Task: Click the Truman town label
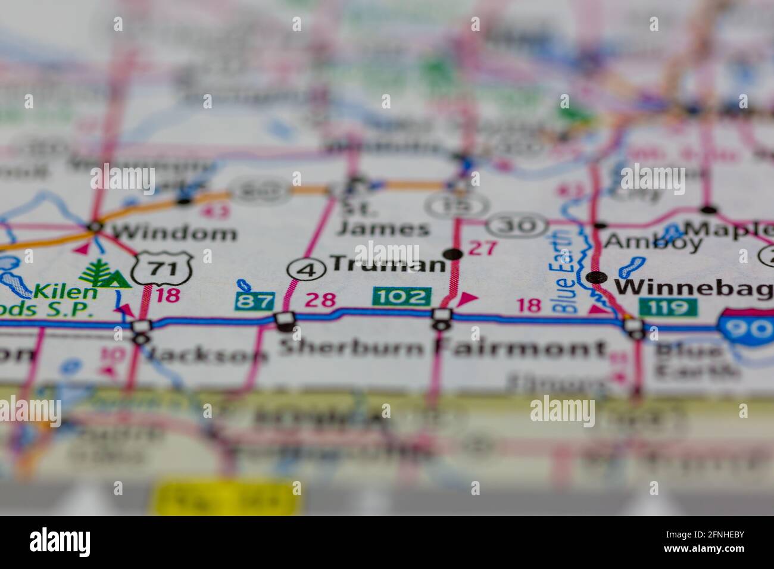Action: [388, 264]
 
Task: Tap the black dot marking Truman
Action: [454, 255]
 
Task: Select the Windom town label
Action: [174, 232]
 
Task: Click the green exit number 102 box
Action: [402, 296]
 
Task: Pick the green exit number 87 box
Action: [255, 301]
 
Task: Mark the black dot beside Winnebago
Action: [597, 277]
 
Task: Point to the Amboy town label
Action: [653, 241]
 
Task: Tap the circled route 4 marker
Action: [307, 270]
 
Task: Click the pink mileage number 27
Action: [482, 248]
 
